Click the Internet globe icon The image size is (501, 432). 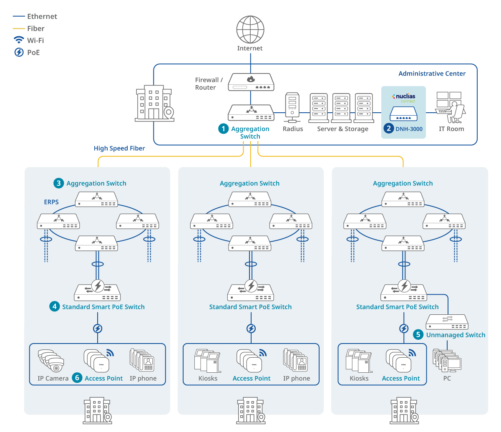[x=250, y=30]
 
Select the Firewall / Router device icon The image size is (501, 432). [x=251, y=82]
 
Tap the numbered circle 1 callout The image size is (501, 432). [x=224, y=129]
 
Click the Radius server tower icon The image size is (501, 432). [x=292, y=107]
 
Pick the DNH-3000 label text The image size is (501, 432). [x=409, y=129]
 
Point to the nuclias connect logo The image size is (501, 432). [x=403, y=98]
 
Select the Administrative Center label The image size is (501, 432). [x=432, y=73]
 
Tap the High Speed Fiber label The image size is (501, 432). [x=119, y=148]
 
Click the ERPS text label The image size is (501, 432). [x=51, y=202]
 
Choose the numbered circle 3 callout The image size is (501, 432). [x=58, y=183]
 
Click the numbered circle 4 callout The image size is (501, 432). [x=54, y=306]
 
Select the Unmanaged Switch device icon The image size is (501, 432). [x=447, y=322]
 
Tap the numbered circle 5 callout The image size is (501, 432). [x=418, y=334]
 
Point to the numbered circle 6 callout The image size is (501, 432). [x=77, y=378]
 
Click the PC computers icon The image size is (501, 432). [x=447, y=361]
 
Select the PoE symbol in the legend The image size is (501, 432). [x=19, y=52]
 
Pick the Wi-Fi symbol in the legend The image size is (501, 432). [x=19, y=40]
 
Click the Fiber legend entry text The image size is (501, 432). [x=36, y=28]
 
